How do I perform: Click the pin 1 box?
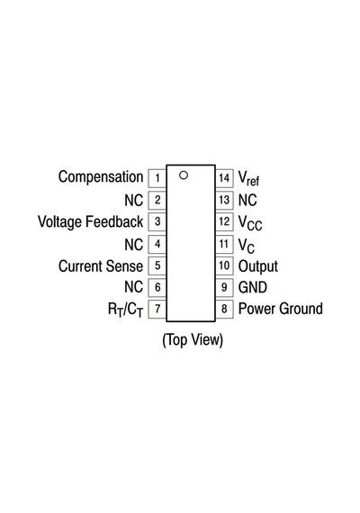157,178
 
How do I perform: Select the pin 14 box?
224,178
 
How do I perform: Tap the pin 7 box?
157,309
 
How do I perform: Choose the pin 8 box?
224,309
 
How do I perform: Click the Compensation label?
101,177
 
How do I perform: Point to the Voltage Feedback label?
91,221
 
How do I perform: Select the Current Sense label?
101,266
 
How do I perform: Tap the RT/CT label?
126,310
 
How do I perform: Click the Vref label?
248,178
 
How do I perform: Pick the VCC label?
250,223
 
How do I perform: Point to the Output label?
258,266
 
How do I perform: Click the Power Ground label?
281,309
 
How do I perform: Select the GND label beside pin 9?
253,287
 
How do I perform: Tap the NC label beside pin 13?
247,200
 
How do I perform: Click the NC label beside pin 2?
134,200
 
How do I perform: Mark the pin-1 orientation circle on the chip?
184,175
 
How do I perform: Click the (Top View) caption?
193,340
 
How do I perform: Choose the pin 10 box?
224,265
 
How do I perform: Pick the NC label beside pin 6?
134,287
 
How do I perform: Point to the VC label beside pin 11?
247,246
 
